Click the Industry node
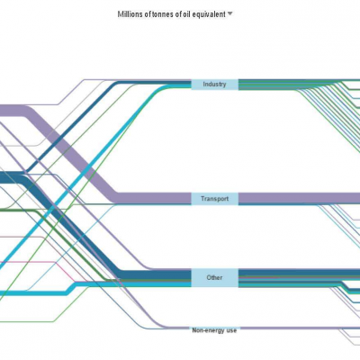click(215, 85)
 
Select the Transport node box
click(215, 199)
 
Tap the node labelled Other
click(215, 278)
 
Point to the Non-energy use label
click(214, 330)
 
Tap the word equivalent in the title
click(209, 14)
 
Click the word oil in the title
click(187, 14)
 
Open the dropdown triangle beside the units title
click(230, 13)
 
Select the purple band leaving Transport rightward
click(299, 198)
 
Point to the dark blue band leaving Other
click(299, 273)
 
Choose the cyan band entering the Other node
click(90, 285)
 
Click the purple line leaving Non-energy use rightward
click(299, 328)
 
